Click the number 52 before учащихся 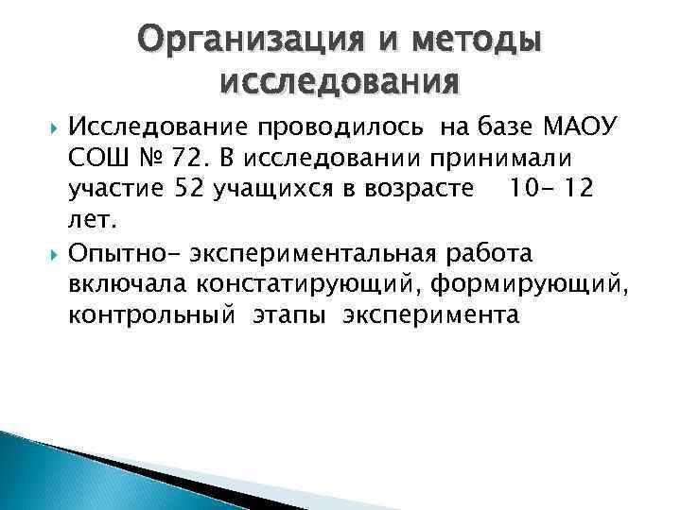(191, 188)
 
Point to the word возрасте (412, 188)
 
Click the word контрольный (150, 316)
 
